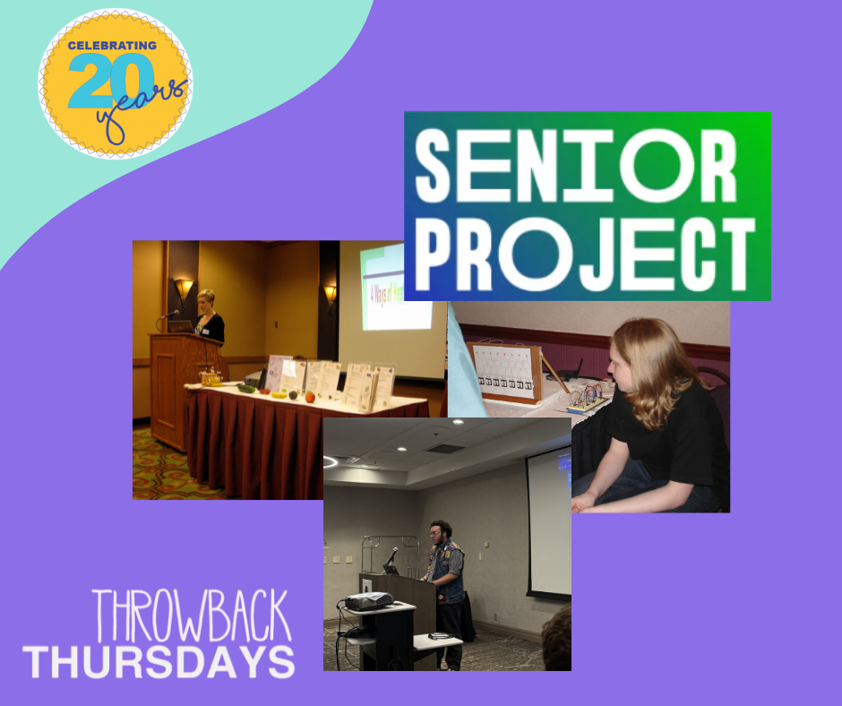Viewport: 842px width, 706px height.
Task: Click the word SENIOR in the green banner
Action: point(576,168)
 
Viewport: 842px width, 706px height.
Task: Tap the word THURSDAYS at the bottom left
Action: point(159,660)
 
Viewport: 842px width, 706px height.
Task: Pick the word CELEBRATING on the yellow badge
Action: point(111,47)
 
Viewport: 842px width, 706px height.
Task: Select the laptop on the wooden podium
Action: point(181,327)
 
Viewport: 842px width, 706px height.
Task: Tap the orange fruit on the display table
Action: point(310,396)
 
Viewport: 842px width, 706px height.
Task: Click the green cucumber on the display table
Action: point(245,389)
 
